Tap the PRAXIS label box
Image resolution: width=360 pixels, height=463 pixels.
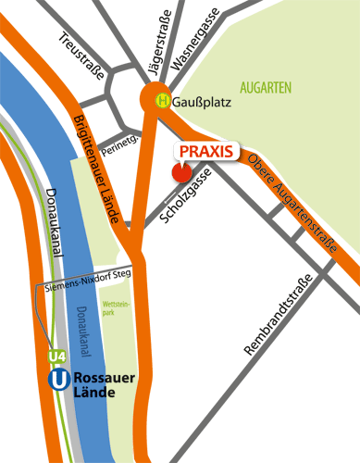205,150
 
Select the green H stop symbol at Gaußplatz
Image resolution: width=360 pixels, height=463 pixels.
162,102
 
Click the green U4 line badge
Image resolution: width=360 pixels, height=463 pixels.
56,356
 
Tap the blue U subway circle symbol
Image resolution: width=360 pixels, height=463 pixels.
56,379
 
